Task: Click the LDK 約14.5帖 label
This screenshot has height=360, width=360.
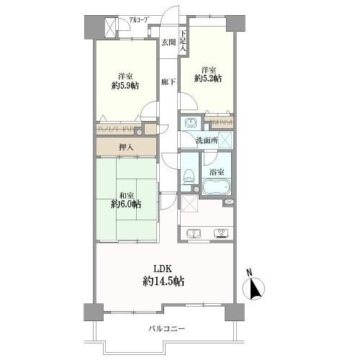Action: (163, 275)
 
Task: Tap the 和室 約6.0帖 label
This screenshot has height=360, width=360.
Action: (126, 200)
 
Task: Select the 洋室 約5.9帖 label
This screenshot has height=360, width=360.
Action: (125, 81)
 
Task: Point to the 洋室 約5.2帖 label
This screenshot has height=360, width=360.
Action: (208, 75)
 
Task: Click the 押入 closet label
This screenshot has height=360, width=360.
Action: (126, 148)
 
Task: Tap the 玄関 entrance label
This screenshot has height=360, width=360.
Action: (168, 42)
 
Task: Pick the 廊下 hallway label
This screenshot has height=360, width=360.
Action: (168, 82)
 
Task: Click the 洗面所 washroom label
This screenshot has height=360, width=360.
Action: (207, 140)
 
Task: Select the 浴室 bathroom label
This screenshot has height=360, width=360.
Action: (217, 172)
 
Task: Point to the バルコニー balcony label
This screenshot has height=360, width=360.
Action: (167, 328)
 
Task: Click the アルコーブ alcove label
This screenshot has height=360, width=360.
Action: (138, 20)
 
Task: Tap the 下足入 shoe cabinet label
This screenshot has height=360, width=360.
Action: (183, 41)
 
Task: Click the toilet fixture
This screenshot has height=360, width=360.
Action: (189, 176)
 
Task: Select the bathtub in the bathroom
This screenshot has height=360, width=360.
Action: (216, 186)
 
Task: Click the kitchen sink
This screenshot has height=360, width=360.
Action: (194, 233)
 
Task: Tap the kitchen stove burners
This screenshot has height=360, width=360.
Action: (221, 233)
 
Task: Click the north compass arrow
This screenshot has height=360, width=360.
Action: (254, 289)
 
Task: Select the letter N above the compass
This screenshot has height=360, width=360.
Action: (250, 272)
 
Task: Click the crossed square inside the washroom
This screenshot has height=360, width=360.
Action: (225, 139)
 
